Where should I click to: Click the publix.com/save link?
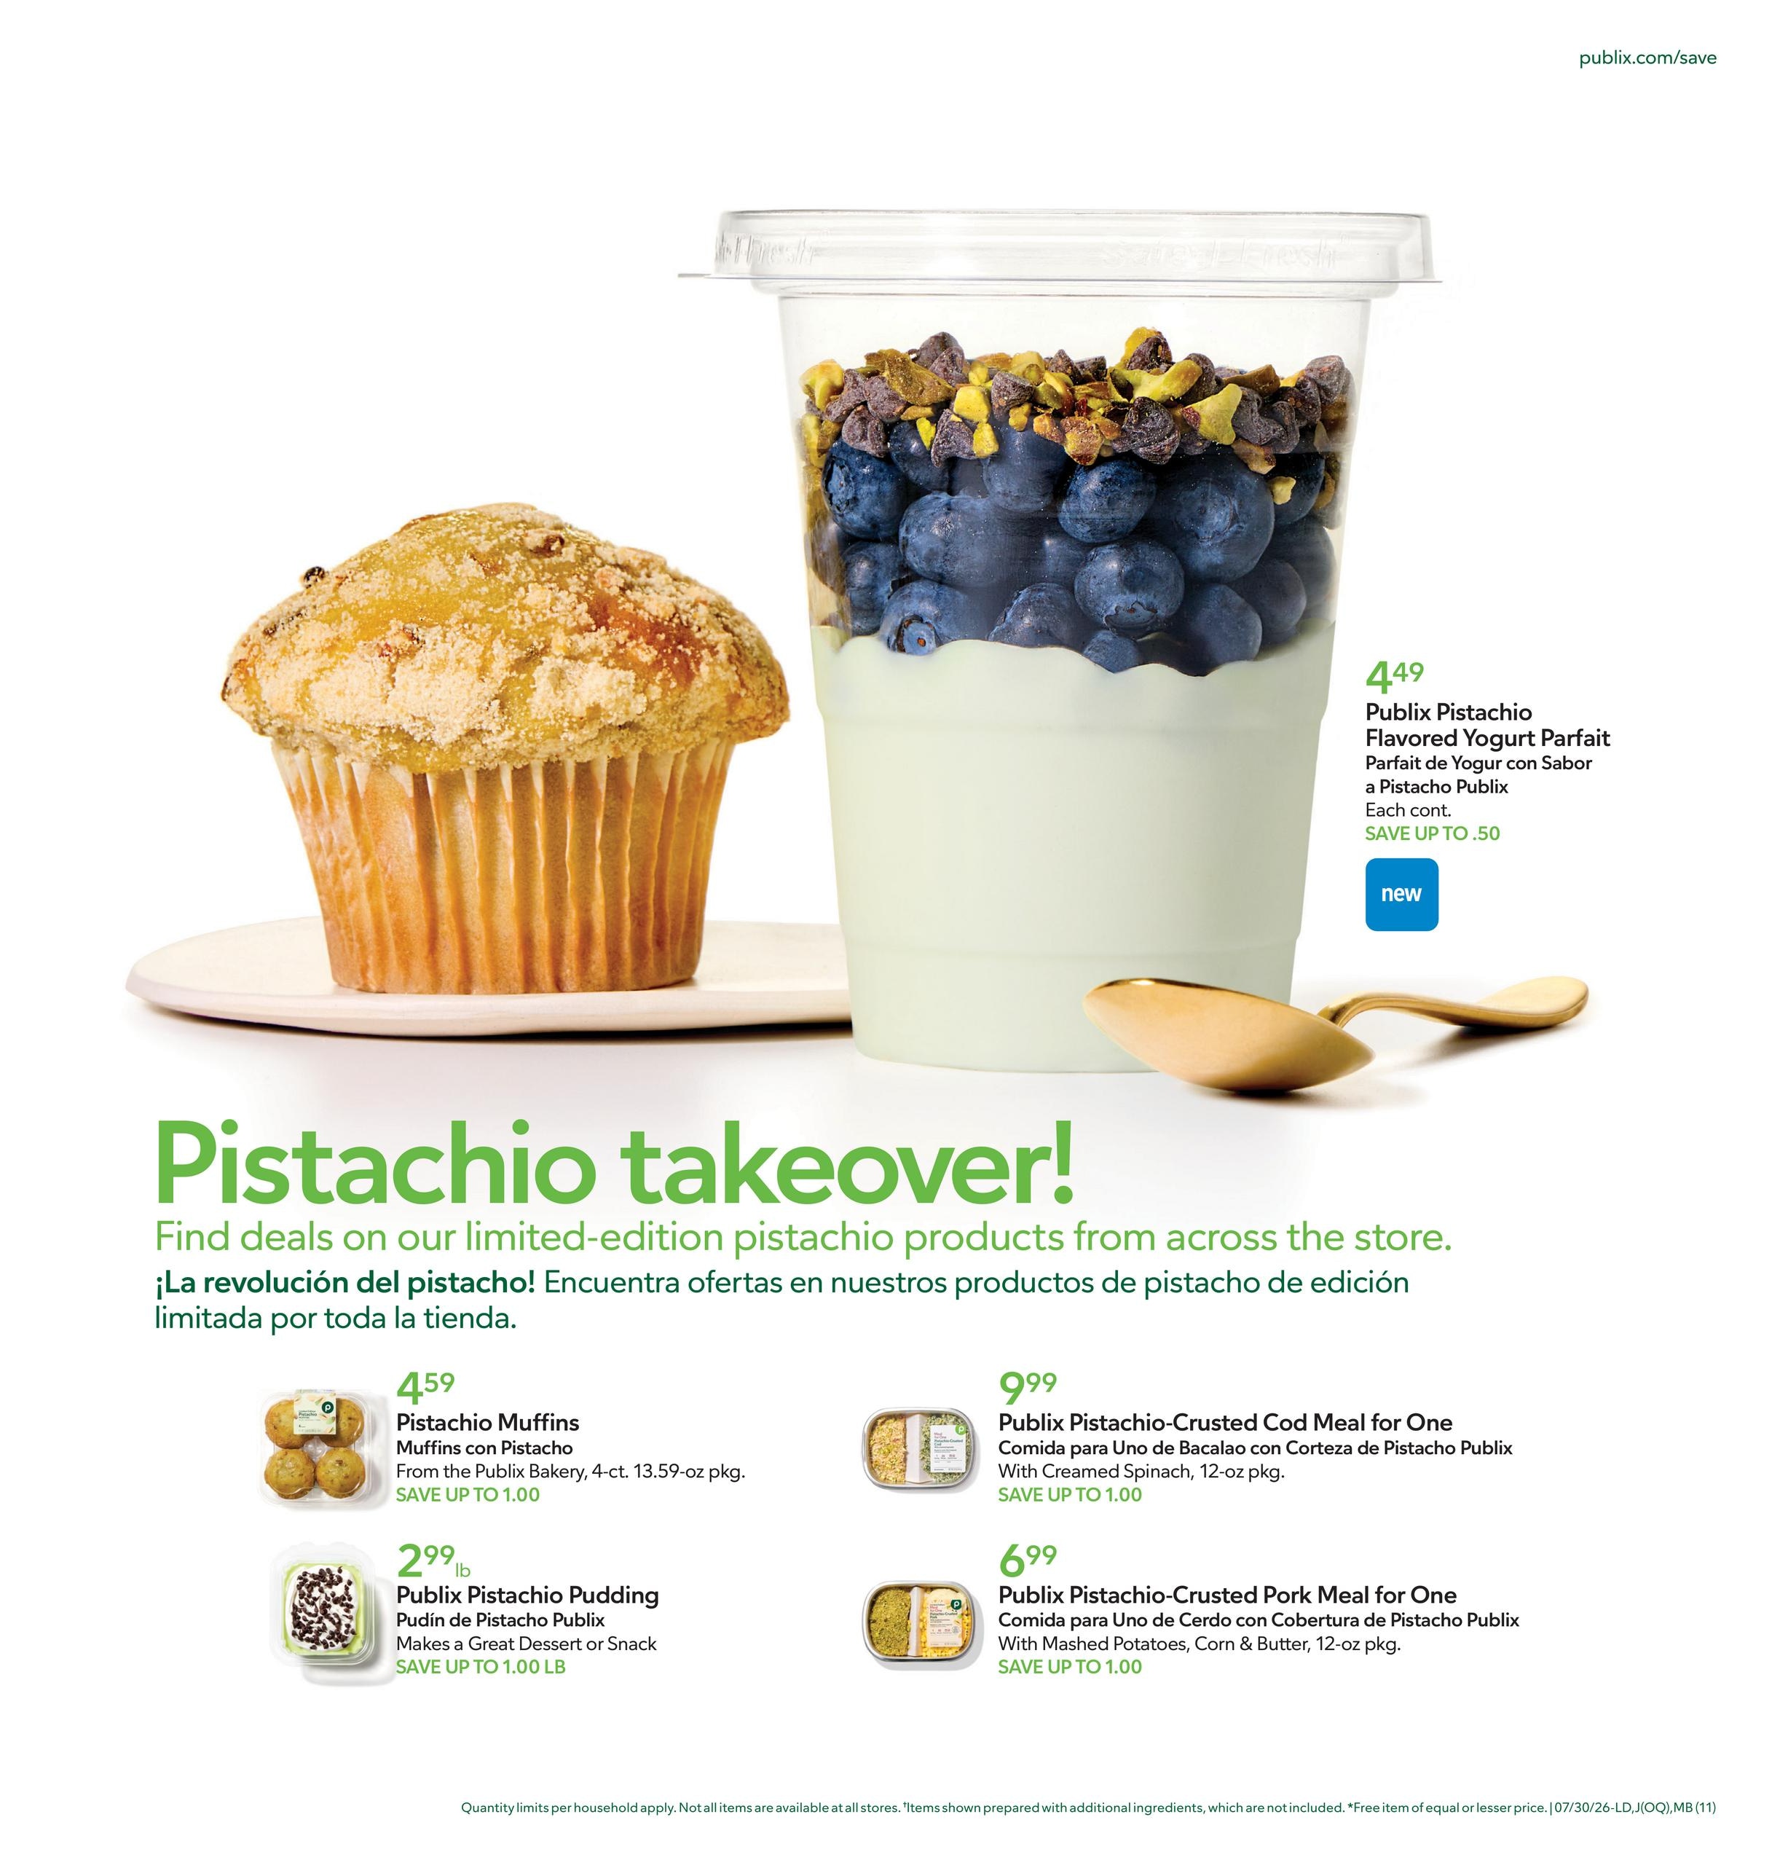[x=1647, y=57]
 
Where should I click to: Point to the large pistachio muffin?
[x=505, y=750]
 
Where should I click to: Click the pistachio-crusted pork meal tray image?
[x=918, y=1620]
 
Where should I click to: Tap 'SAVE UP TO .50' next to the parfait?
[x=1433, y=833]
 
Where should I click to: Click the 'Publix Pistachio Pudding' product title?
[x=527, y=1595]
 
